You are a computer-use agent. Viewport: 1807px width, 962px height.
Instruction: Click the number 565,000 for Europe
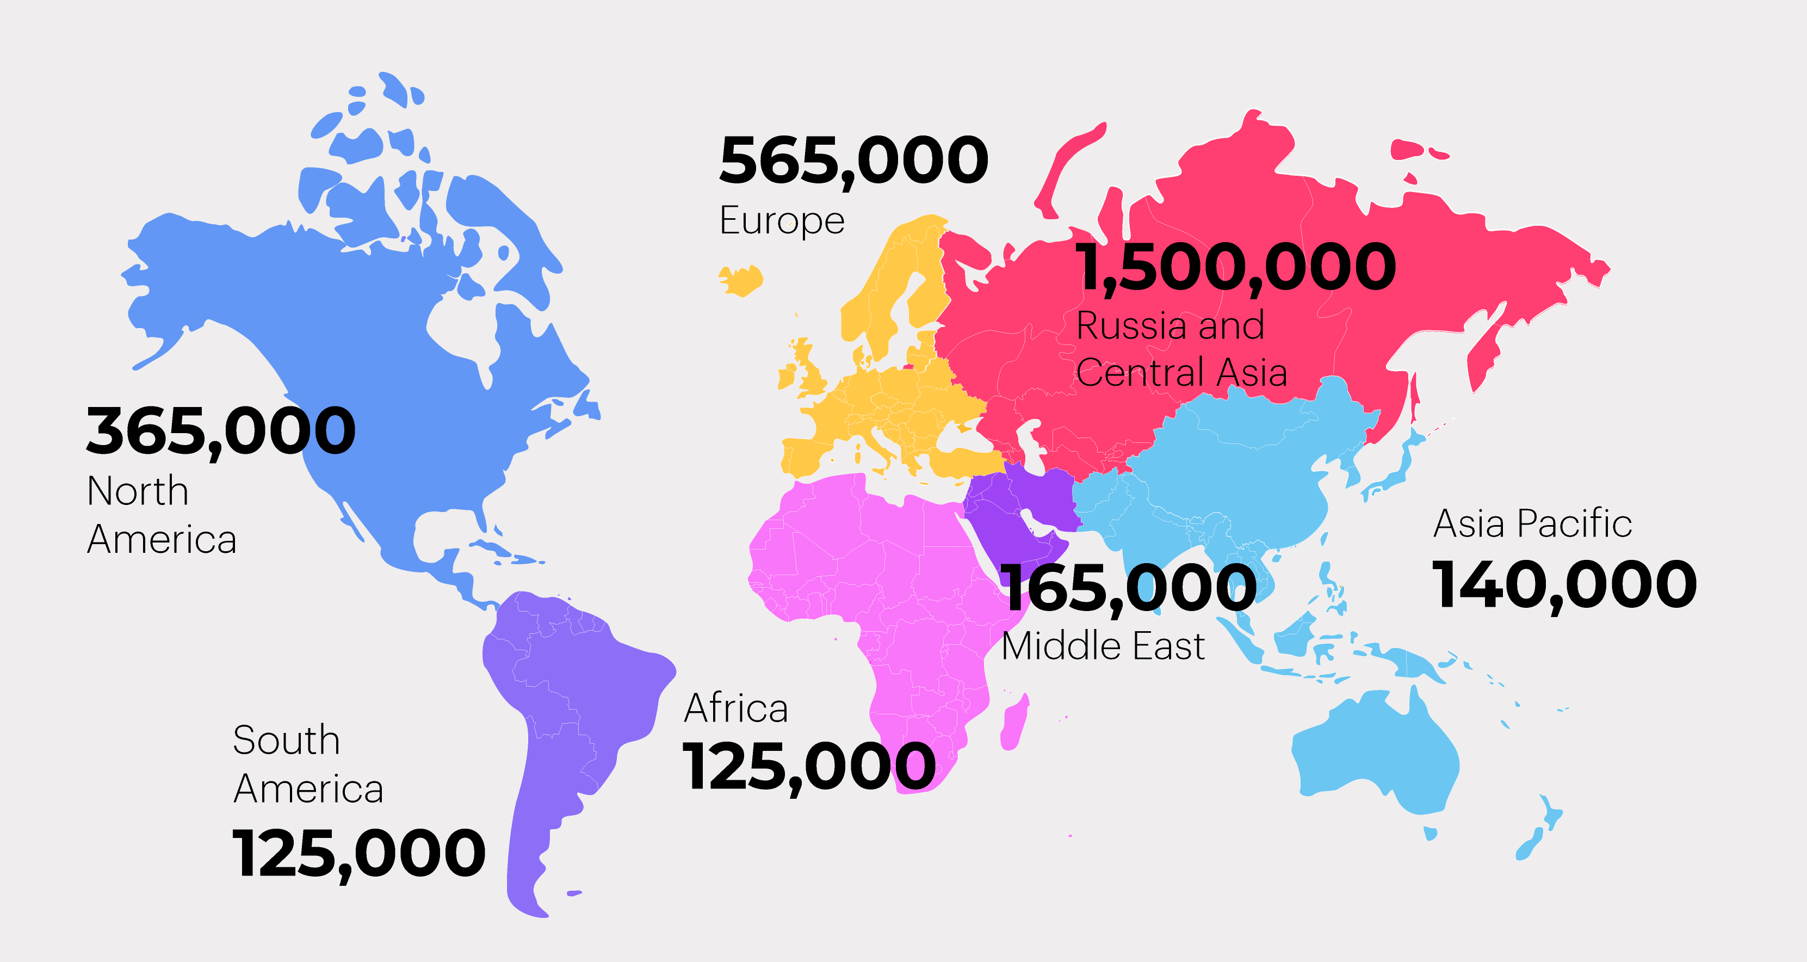tap(853, 162)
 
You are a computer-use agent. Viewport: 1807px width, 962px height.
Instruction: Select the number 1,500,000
tap(1235, 267)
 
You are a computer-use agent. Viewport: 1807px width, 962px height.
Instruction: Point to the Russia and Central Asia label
tap(1181, 349)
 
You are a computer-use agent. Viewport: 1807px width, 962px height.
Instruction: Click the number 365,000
tap(221, 431)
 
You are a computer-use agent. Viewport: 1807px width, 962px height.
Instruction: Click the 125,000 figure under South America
tap(358, 854)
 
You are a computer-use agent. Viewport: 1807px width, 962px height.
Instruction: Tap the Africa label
tap(736, 708)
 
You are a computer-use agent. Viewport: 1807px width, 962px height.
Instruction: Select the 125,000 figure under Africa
tap(809, 767)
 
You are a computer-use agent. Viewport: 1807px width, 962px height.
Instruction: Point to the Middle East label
tap(1103, 646)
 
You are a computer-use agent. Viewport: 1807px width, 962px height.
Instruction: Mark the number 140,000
tap(1564, 586)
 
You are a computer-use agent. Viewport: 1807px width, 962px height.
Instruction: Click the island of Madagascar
tap(1014, 723)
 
